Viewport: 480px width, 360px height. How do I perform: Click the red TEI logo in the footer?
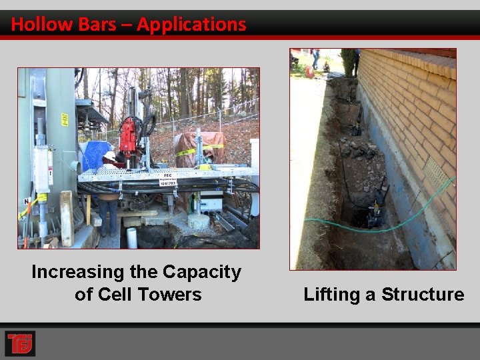coord(19,343)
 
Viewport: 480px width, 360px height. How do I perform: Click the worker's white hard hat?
coord(109,155)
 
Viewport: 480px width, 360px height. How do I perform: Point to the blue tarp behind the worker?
coord(93,154)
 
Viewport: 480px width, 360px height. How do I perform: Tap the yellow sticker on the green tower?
coord(65,119)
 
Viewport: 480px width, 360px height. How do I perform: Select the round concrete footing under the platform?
coord(198,221)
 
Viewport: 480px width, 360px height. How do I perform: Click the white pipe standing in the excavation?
coord(132,237)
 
